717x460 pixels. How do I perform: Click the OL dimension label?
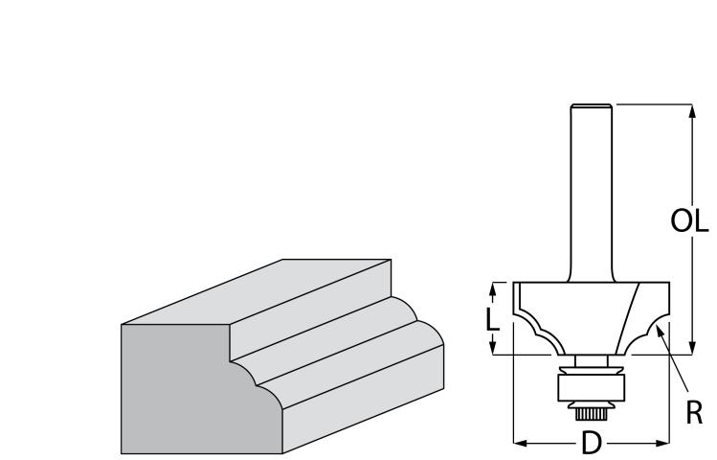(x=689, y=220)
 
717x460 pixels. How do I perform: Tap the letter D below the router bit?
(x=592, y=443)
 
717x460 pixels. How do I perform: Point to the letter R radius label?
(x=694, y=412)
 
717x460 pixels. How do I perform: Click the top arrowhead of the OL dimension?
(x=692, y=111)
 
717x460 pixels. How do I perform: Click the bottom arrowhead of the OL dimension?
(x=692, y=348)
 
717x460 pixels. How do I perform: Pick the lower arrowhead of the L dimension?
(x=492, y=348)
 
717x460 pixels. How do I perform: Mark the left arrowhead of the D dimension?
(x=521, y=443)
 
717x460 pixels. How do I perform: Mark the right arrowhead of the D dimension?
(x=662, y=443)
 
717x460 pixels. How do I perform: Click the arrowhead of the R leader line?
(x=660, y=333)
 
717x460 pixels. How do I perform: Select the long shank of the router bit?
(x=591, y=194)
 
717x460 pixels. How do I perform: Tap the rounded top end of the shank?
(x=591, y=106)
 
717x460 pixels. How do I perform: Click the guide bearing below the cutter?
(x=591, y=387)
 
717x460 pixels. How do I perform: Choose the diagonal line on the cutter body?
(x=626, y=318)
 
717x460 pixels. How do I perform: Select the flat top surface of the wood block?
(x=257, y=291)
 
